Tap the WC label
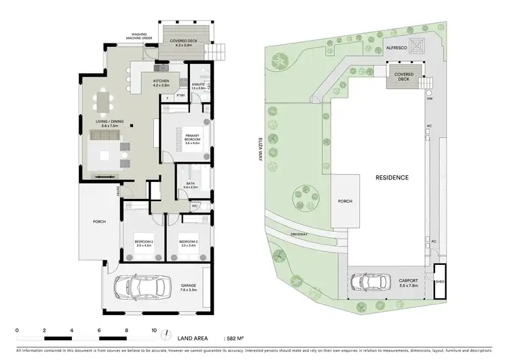pyautogui.click(x=194, y=205)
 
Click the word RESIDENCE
pyautogui.click(x=391, y=177)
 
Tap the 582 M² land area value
pyautogui.click(x=238, y=338)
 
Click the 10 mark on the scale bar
pyautogui.click(x=154, y=331)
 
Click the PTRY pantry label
pyautogui.click(x=181, y=96)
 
